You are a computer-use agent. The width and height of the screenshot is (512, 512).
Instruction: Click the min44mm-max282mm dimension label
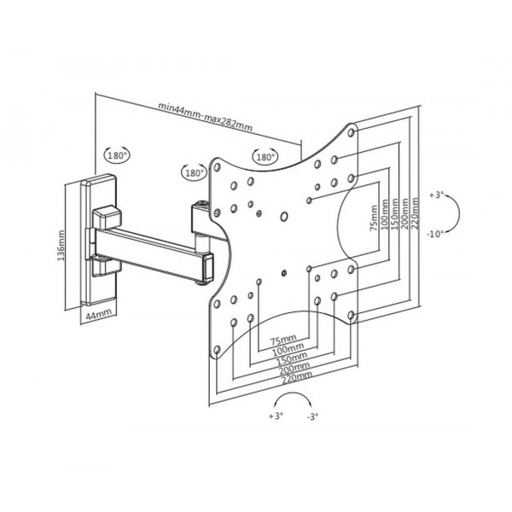coord(205,117)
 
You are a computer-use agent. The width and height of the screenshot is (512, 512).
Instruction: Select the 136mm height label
coord(61,245)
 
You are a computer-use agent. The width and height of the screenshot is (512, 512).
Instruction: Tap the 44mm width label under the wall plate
coord(98,315)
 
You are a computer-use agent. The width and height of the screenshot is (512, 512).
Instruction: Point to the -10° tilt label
coord(435,234)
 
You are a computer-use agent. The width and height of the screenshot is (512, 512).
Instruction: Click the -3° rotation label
coord(312,416)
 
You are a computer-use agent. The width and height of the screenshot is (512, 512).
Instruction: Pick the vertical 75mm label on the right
coord(374,218)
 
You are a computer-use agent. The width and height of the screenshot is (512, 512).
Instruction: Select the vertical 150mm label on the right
coord(395,214)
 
